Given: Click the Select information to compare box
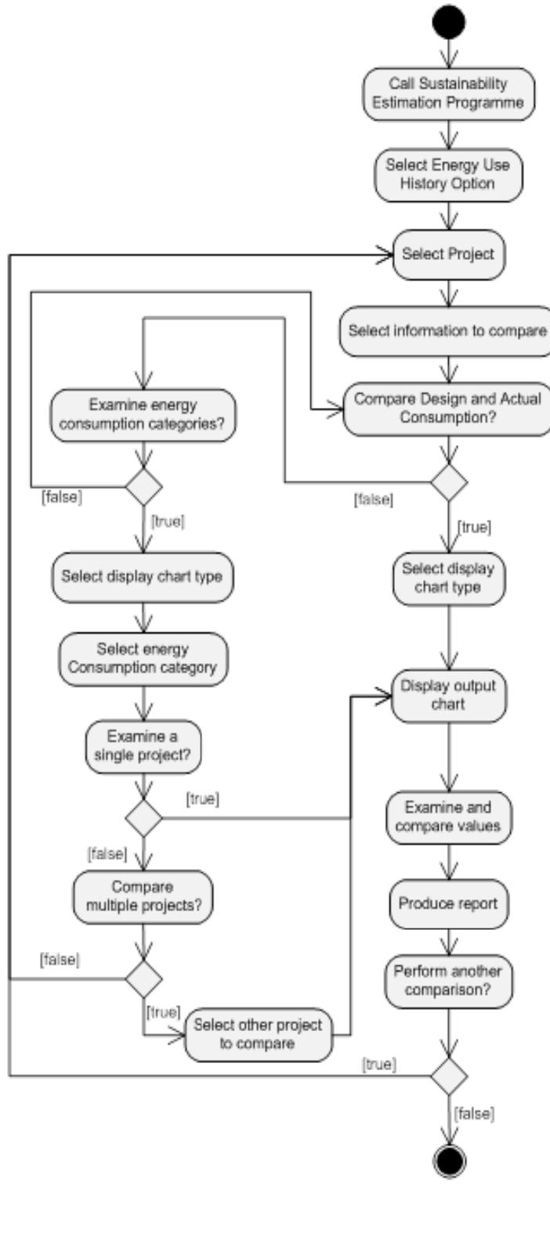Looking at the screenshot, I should coord(446,330).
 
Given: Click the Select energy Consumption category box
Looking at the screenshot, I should coord(143,658).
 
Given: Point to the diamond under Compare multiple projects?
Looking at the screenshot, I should coord(143,977).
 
